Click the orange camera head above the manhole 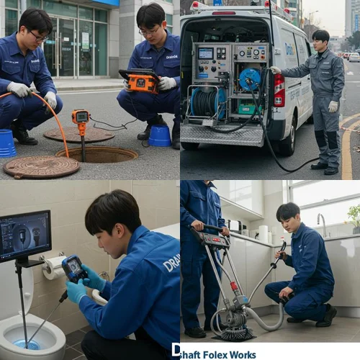(80, 117)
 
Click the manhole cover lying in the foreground (41, 167)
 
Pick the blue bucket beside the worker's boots (160, 135)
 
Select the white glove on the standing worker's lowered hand (333, 106)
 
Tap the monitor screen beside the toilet (24, 236)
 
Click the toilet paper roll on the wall (53, 268)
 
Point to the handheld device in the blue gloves (74, 269)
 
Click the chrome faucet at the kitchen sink (321, 223)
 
